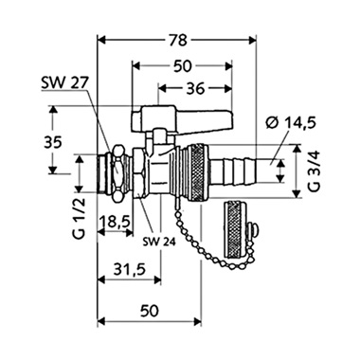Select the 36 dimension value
195,89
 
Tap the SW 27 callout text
65,83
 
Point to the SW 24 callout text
159,243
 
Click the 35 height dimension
52,144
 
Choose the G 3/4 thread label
315,171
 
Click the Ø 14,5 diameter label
291,123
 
